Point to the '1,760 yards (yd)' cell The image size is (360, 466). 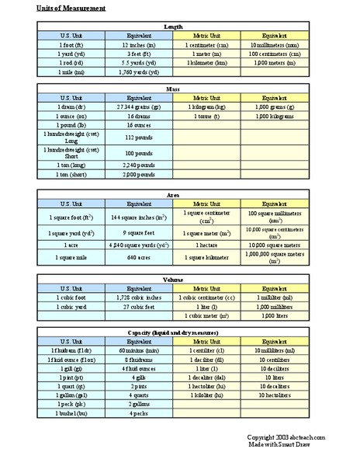point(139,71)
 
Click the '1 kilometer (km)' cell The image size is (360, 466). point(206,63)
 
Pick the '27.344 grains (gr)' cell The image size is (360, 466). point(139,107)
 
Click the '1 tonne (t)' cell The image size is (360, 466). point(206,116)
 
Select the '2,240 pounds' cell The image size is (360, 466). point(139,165)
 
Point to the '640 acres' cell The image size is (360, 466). point(139,258)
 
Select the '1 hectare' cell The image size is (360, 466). point(206,245)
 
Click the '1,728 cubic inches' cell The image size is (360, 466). point(139,297)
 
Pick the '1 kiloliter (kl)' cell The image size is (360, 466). point(206,396)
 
